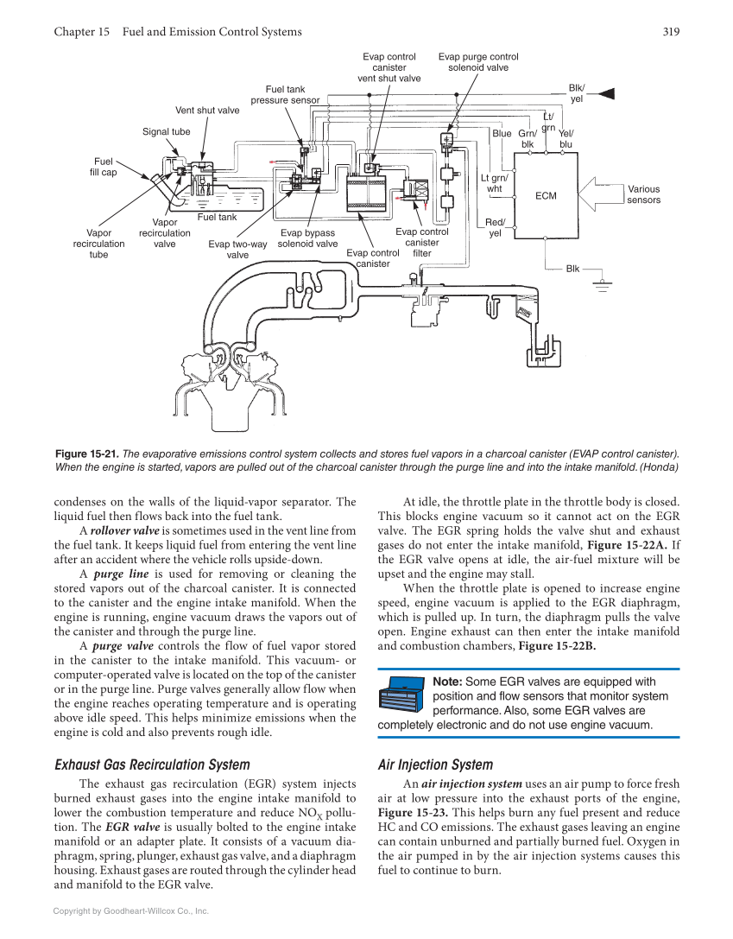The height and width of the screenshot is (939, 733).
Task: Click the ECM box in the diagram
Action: [546, 195]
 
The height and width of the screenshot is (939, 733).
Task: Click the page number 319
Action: [671, 32]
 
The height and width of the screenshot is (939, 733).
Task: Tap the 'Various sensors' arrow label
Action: [643, 194]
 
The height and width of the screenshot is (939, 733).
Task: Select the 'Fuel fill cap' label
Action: [103, 167]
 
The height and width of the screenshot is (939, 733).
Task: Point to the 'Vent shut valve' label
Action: [207, 111]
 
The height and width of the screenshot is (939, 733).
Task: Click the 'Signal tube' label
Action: [167, 132]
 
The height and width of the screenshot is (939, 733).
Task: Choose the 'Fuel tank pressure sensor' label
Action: [285, 95]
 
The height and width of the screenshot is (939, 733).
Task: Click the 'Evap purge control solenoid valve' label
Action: [478, 62]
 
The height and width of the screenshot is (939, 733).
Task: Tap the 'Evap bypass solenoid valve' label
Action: [307, 238]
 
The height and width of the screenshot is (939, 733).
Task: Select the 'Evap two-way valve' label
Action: [237, 250]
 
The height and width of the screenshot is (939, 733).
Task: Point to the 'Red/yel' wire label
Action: [495, 228]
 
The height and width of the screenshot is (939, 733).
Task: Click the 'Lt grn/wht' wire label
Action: [494, 184]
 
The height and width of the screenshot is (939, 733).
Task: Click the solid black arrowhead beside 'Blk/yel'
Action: [606, 92]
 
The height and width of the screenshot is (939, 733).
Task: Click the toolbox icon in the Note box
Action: [402, 695]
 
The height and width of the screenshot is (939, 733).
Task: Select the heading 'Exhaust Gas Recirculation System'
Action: [152, 765]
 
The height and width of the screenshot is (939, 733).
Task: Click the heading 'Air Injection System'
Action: [435, 765]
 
